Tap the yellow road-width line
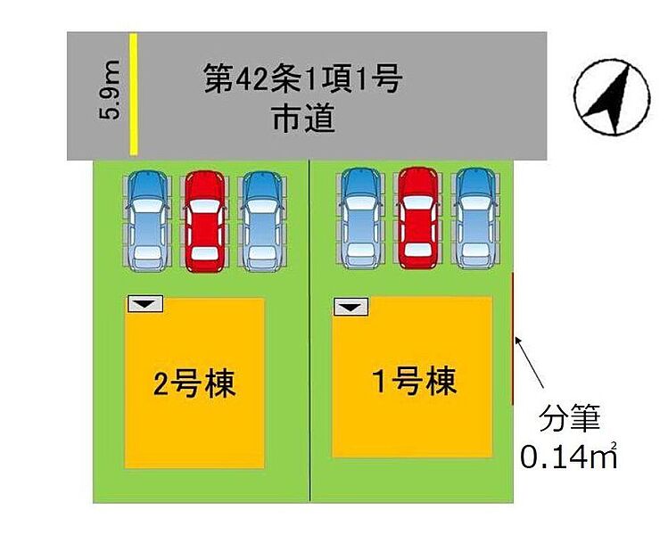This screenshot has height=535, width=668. pos(133,95)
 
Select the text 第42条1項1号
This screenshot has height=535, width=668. pos(303,81)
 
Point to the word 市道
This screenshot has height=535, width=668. pos(304,119)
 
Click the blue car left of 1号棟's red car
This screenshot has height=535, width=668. pos(360,217)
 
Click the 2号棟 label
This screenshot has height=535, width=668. pos(194,385)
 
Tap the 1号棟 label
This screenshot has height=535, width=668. pos(414,383)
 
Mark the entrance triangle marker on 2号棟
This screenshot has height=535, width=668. pos(145,305)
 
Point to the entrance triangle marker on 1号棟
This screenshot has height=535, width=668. pos(351,307)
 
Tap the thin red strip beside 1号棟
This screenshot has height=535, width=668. pos(514,339)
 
